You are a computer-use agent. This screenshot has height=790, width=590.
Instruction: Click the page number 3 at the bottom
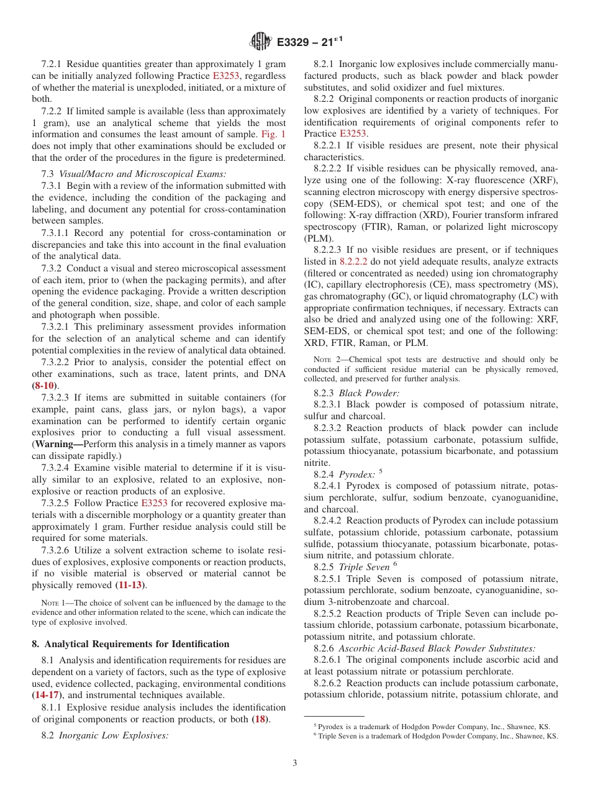coord(295,763)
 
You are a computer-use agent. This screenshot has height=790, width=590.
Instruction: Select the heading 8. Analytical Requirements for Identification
coord(130,644)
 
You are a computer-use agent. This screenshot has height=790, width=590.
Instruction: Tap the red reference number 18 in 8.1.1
coord(259,719)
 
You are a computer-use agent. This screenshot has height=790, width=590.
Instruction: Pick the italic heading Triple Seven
coord(364,567)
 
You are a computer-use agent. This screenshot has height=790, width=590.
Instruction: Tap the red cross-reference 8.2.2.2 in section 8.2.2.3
coord(356,262)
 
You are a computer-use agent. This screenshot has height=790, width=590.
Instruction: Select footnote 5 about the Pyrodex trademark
coord(431,726)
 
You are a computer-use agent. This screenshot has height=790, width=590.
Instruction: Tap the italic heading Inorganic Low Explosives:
coord(114,736)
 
